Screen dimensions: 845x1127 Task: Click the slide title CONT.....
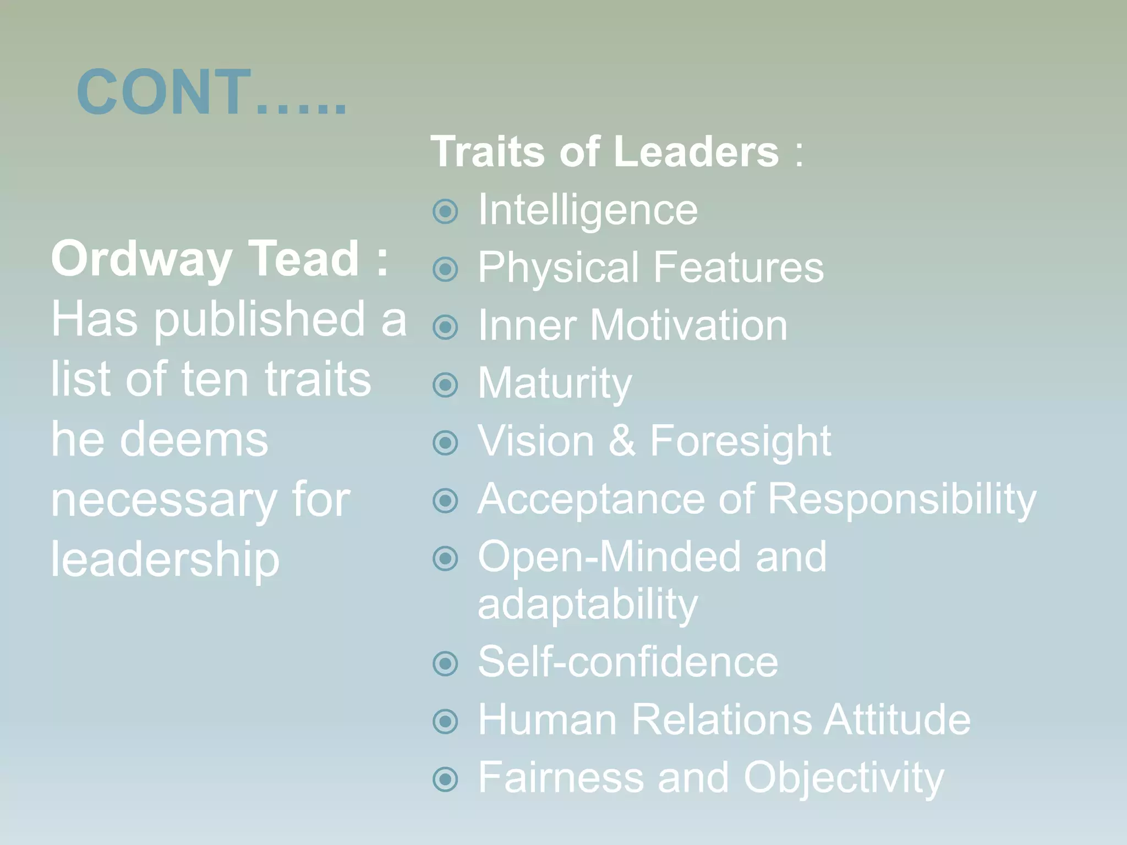tap(212, 92)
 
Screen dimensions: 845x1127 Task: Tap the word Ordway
tap(141, 259)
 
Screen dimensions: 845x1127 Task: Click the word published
tap(259, 320)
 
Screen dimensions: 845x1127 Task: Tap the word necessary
tap(163, 501)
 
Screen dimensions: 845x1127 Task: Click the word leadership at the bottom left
tap(165, 560)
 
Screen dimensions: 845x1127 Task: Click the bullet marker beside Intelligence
tap(445, 212)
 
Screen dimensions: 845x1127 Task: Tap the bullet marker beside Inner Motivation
tap(445, 327)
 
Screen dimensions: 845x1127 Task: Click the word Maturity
tap(555, 383)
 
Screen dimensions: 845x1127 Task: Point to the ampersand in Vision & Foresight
tap(622, 441)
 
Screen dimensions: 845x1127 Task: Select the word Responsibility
tap(901, 500)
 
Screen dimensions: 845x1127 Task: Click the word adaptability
tap(588, 605)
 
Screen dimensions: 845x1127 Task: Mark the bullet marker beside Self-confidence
tap(445, 663)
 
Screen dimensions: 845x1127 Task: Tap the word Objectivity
tap(843, 778)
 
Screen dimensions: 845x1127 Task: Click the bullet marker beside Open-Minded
tap(445, 559)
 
